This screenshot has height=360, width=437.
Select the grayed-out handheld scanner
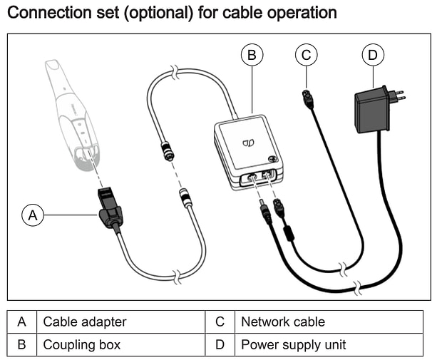pyautogui.click(x=71, y=110)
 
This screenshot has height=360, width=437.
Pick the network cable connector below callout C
pyautogui.click(x=308, y=101)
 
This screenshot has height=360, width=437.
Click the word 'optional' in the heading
pyautogui.click(x=165, y=12)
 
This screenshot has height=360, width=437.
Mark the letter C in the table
pyautogui.click(x=220, y=322)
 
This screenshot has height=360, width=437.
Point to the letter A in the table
pyautogui.click(x=22, y=322)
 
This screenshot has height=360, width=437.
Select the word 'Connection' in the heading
pyautogui.click(x=48, y=12)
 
